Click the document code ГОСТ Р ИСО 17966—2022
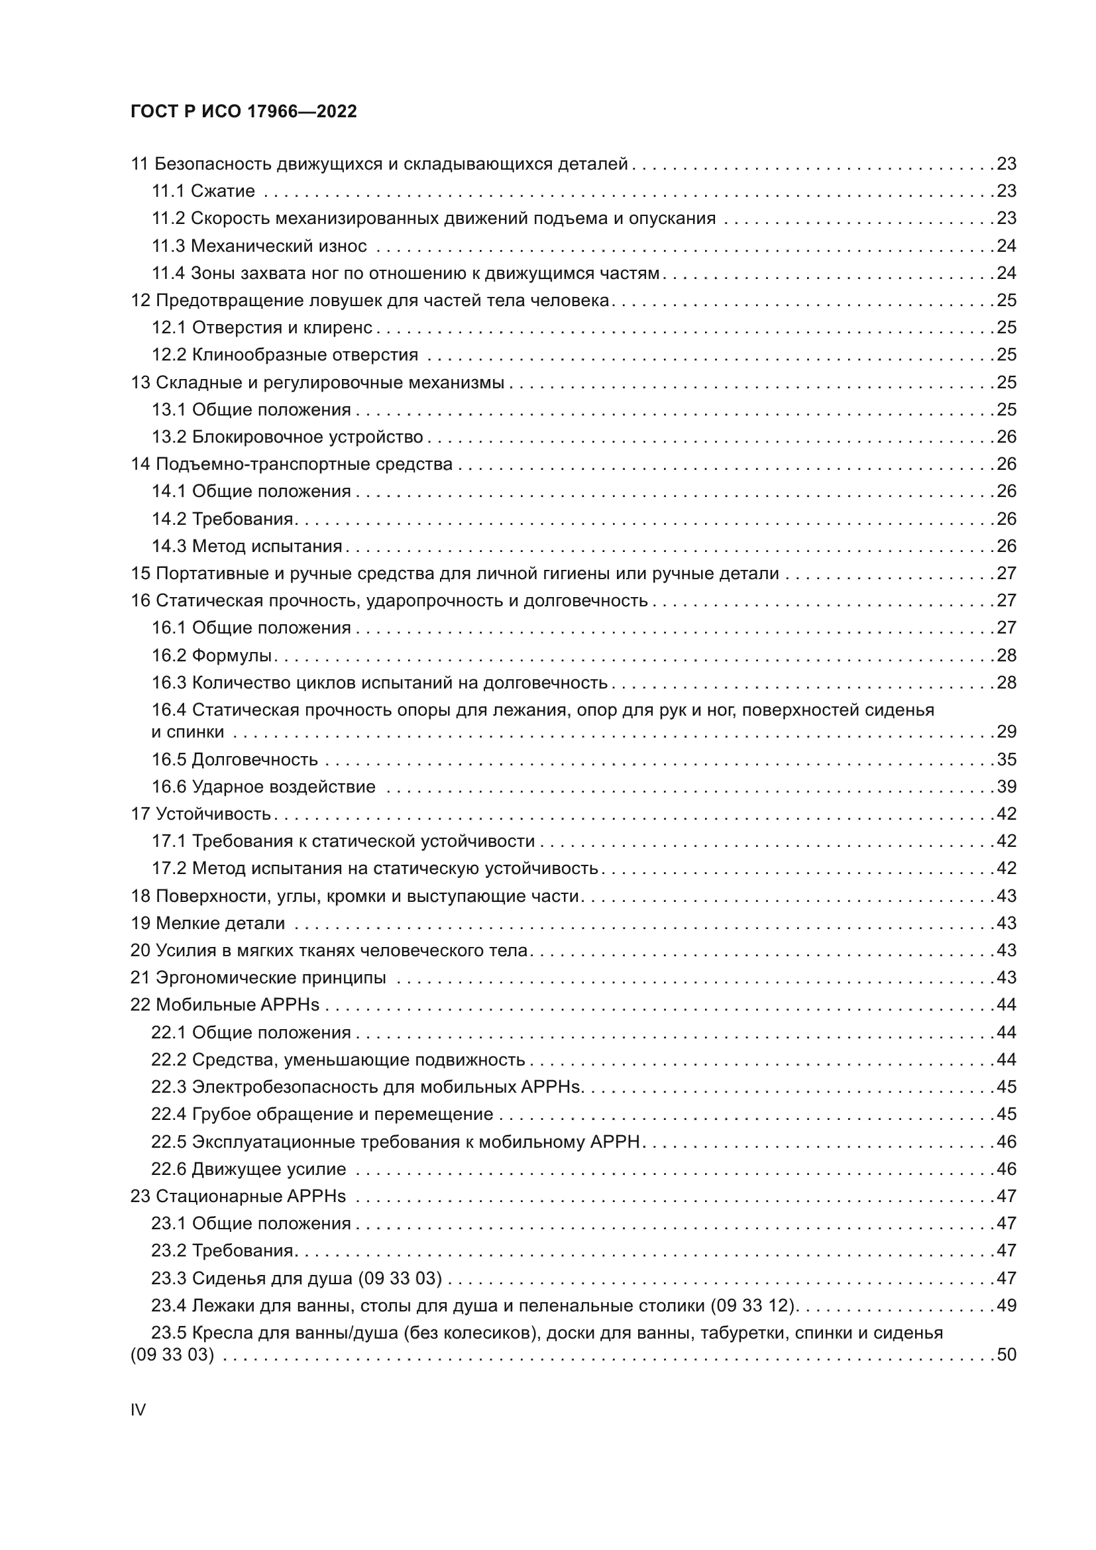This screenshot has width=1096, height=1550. [243, 111]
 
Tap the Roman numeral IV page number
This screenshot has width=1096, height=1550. [138, 1410]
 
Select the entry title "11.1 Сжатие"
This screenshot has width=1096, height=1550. [203, 191]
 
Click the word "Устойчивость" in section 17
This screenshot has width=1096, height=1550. [213, 814]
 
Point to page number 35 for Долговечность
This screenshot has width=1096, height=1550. [1007, 759]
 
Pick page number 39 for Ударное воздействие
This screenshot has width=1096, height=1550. [1007, 787]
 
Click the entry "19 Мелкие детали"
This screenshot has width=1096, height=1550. [207, 923]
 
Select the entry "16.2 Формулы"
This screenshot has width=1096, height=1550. [211, 655]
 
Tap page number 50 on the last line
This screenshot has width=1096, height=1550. [1007, 1355]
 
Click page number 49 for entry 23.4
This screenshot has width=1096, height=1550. [1007, 1305]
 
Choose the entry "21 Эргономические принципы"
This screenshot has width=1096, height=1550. [258, 977]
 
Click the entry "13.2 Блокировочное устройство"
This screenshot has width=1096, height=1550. [287, 437]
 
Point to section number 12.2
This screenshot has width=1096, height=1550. [169, 355]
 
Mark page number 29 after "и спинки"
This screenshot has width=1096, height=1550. [1007, 732]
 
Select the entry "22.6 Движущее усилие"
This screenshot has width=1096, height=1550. [248, 1168]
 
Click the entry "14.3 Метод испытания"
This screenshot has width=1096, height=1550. [247, 545]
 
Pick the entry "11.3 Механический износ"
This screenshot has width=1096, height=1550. [259, 246]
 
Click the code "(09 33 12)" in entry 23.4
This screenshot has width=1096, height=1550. [753, 1305]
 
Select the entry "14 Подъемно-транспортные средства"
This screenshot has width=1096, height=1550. [291, 464]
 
